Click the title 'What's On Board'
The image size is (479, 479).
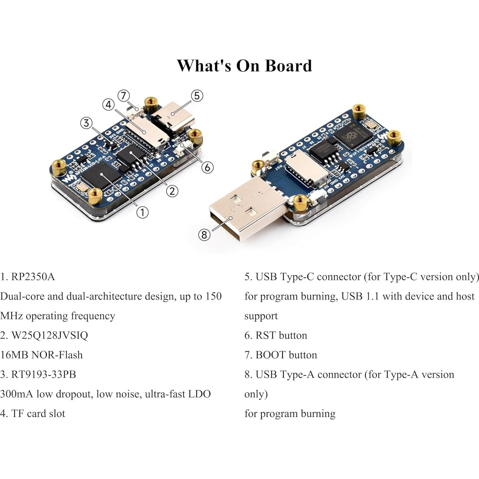[244, 66]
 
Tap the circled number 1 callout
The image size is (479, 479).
[142, 212]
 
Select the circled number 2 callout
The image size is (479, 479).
[172, 191]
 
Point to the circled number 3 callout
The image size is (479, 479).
[86, 123]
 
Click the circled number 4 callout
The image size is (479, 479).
[108, 104]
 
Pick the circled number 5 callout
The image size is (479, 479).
[197, 95]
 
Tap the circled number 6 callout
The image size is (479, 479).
[207, 167]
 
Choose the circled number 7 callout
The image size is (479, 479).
[124, 95]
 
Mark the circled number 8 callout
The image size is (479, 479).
[204, 235]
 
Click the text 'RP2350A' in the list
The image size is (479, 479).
[33, 276]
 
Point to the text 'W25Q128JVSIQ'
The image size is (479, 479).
[50, 335]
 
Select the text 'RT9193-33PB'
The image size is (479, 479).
[44, 374]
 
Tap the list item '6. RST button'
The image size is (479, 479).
[275, 335]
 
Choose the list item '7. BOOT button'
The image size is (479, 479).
[281, 355]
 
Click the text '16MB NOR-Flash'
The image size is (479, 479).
[41, 355]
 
